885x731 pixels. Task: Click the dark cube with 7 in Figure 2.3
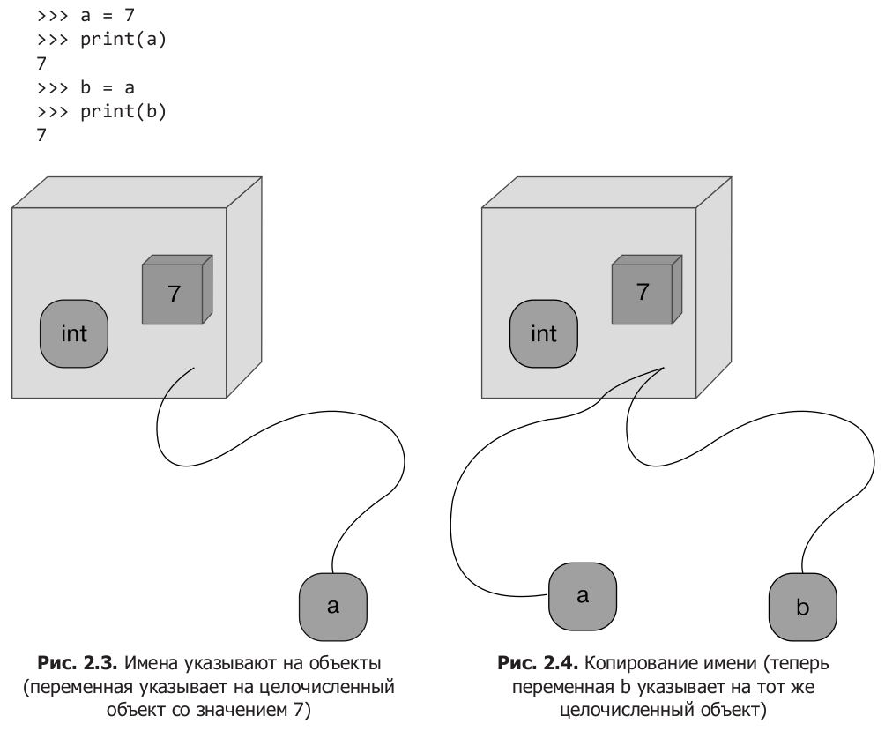175,292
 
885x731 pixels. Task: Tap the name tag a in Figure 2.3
333,606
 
